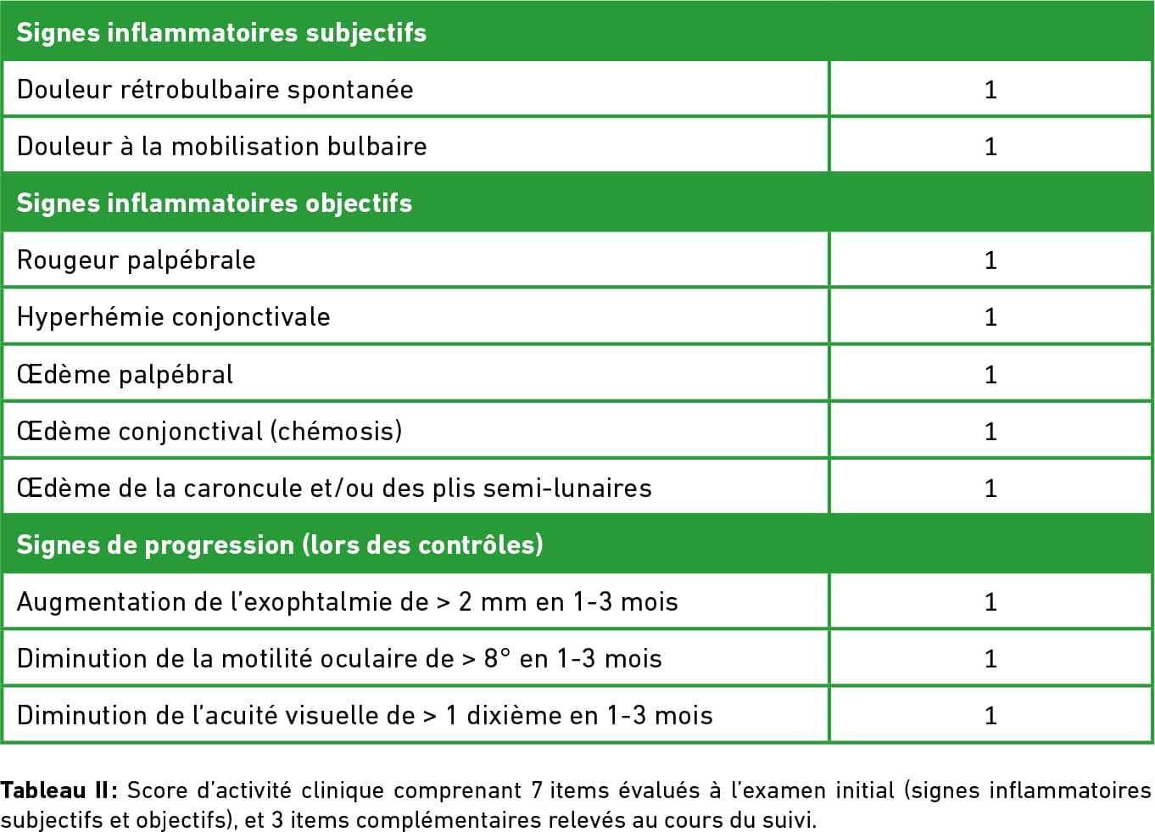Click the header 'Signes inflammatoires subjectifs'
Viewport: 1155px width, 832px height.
[x=221, y=32]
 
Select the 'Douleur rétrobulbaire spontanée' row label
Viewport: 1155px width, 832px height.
[x=215, y=89]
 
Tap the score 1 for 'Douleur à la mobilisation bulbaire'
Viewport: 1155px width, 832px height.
[x=990, y=147]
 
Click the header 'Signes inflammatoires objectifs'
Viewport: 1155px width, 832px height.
[x=214, y=203]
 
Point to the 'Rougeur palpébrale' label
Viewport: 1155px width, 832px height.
[x=136, y=260]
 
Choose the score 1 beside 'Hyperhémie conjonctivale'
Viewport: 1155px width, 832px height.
[x=990, y=317]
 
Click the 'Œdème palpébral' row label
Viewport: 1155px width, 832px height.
[x=125, y=374]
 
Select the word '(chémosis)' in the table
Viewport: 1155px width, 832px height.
[x=336, y=431]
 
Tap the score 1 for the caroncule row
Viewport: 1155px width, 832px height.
[x=990, y=489]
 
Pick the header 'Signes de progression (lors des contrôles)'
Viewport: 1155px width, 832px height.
[x=280, y=544]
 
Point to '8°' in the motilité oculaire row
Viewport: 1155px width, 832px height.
[x=497, y=659]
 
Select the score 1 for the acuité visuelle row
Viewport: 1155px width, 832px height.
[x=990, y=716]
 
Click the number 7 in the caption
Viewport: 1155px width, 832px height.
[x=536, y=790]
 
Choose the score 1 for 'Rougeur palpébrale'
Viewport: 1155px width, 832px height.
[x=990, y=260]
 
